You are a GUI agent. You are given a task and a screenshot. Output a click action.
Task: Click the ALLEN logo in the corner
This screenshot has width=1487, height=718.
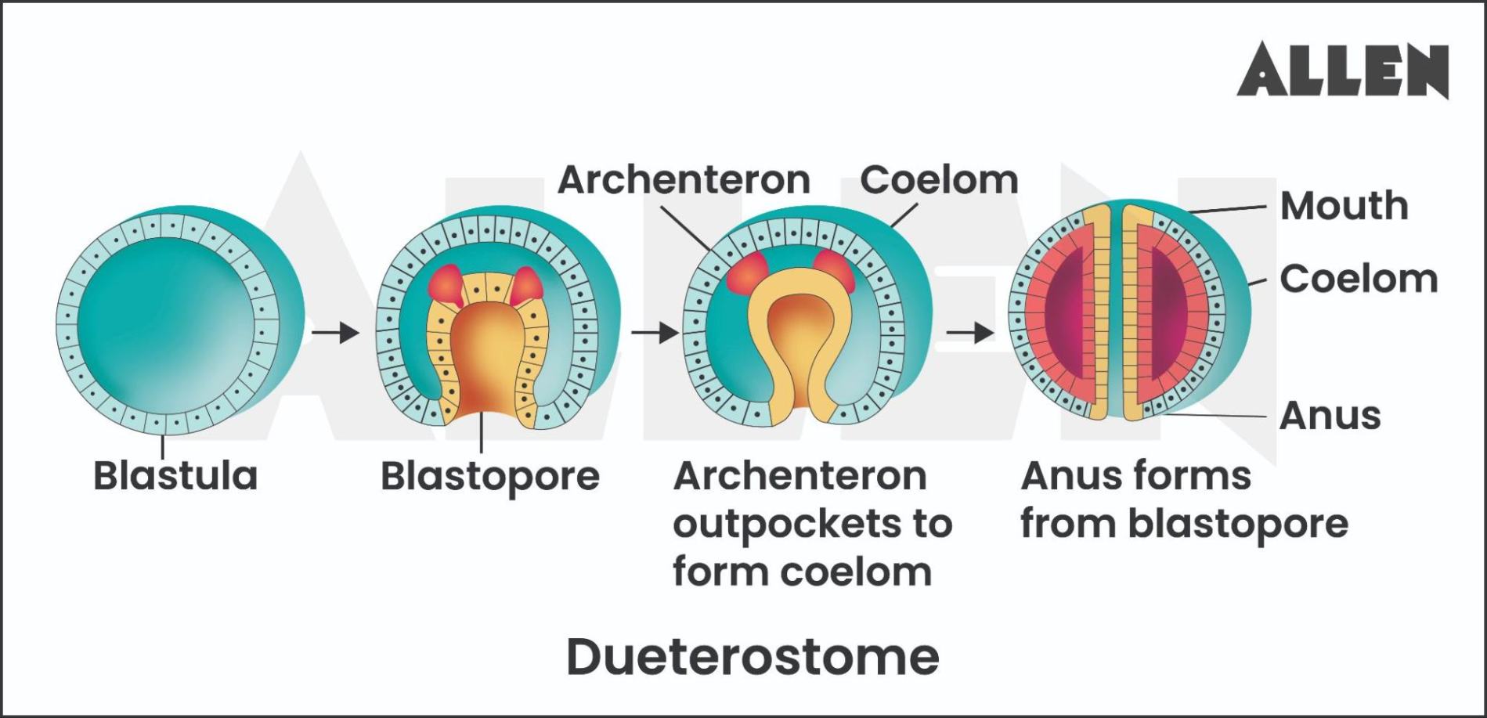tap(1342, 70)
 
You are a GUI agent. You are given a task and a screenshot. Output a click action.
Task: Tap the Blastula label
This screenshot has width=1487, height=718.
tap(175, 475)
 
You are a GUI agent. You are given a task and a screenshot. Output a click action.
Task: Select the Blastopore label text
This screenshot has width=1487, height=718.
tap(490, 476)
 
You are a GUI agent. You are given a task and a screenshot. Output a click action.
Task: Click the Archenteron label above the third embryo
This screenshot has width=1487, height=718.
tap(684, 180)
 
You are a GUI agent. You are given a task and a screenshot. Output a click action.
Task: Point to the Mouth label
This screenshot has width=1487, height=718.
tap(1344, 206)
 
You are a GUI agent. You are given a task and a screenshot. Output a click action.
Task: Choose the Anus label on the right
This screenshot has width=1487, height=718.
tap(1330, 415)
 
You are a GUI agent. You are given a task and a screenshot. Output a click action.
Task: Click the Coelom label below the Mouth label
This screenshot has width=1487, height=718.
tap(1359, 279)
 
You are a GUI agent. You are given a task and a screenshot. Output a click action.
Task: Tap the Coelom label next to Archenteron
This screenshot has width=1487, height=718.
tap(939, 180)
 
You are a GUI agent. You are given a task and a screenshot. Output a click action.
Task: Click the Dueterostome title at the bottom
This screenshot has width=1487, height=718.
tap(753, 656)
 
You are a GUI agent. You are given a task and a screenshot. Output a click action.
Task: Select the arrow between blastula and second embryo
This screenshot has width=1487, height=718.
tap(335, 333)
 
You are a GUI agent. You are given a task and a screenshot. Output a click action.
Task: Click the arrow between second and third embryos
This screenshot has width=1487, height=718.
tap(655, 333)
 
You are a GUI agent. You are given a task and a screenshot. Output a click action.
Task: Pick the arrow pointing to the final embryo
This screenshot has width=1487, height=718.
tap(969, 333)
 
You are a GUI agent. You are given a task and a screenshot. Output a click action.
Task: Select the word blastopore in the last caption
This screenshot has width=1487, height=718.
tap(1238, 524)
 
